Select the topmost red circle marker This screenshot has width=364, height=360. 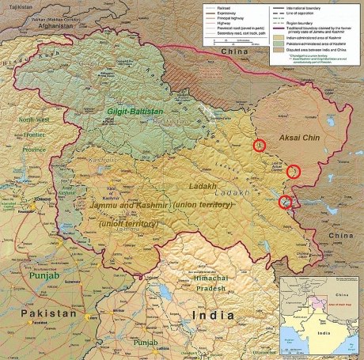(258, 146)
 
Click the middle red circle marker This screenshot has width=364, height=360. (293, 171)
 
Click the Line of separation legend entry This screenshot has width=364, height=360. (309, 10)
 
